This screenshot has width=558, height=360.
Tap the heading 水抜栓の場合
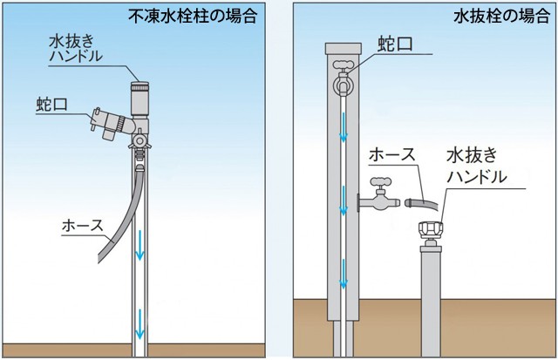[x=500, y=17]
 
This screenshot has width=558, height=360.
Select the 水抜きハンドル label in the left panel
[x=78, y=47]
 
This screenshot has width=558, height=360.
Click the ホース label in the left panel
[x=81, y=225]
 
